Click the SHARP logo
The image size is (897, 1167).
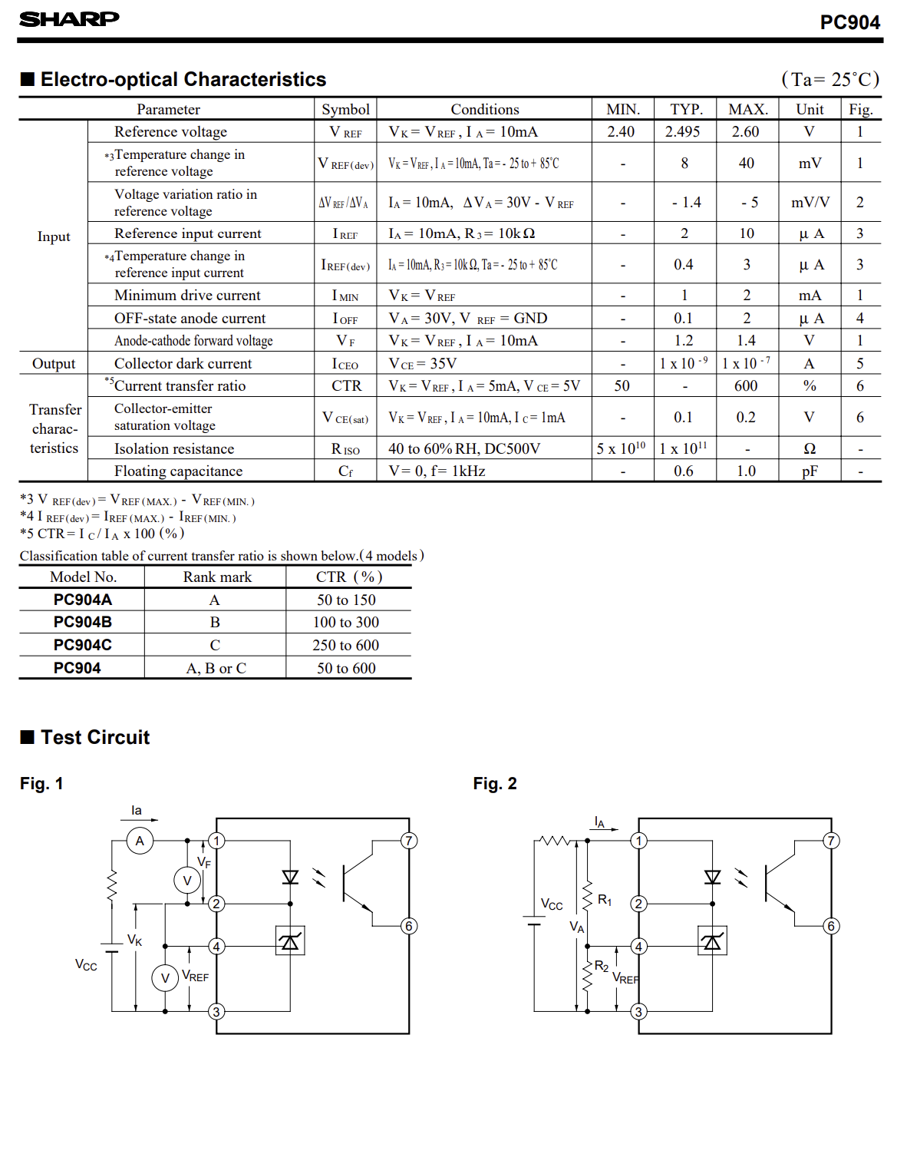point(69,19)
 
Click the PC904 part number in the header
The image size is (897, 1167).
point(849,22)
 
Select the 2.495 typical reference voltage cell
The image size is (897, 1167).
point(682,131)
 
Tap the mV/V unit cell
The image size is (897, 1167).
point(810,203)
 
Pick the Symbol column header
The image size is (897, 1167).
point(345,109)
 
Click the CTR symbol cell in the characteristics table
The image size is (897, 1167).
point(347,385)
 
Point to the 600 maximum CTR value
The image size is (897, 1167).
point(746,385)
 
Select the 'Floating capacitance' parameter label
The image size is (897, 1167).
point(178,471)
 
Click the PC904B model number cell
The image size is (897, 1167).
point(83,622)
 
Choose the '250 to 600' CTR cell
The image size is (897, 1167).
point(345,645)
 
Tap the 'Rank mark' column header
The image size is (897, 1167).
point(217,577)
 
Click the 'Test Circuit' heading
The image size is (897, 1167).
point(95,737)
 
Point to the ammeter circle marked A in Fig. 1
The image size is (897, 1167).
point(140,841)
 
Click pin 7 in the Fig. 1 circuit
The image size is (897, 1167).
point(409,841)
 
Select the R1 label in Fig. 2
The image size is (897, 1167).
point(605,900)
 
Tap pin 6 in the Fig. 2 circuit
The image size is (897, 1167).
point(831,926)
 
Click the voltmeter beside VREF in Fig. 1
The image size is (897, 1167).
point(165,978)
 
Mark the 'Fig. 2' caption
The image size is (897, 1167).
point(495,784)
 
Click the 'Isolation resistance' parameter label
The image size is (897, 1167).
point(174,448)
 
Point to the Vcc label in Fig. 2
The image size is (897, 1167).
point(552,904)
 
